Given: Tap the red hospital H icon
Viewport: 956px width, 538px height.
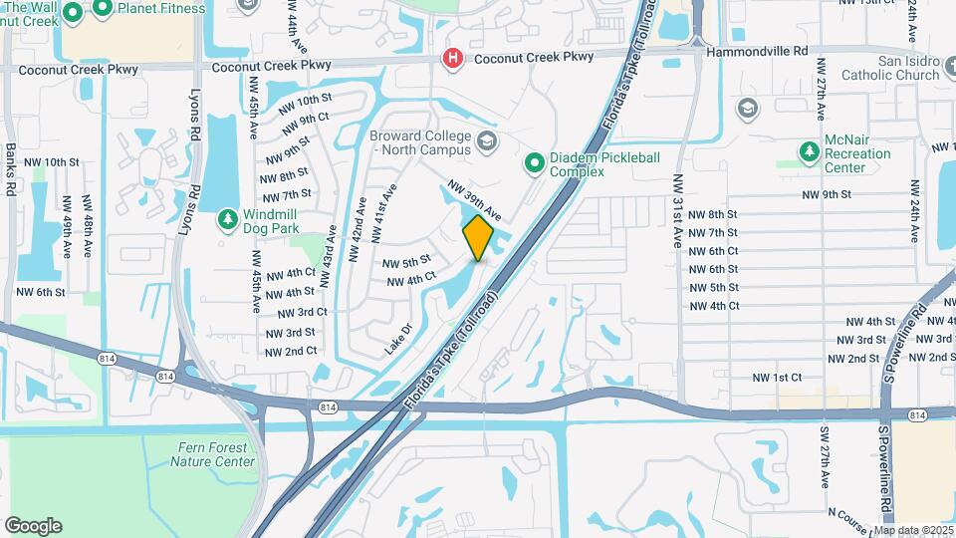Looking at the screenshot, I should [x=453, y=59].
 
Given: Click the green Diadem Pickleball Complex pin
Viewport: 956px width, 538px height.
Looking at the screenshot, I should [x=534, y=161].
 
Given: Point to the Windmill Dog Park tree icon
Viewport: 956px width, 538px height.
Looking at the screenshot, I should [x=227, y=217].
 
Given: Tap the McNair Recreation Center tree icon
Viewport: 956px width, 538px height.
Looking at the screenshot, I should [x=809, y=151].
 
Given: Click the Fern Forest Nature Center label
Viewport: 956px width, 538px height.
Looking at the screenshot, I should [x=212, y=454].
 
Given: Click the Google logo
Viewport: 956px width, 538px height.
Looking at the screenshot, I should [x=33, y=526].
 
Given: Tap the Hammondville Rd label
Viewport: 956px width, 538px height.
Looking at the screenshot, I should [x=753, y=51].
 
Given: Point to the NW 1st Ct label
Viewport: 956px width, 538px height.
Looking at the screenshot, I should [x=778, y=378].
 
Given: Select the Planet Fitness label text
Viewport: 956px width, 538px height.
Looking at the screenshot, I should [x=161, y=9].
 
